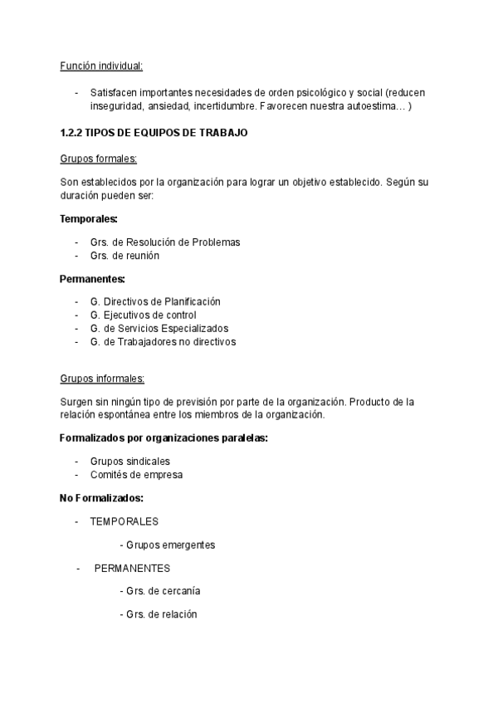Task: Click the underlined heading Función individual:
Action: pyautogui.click(x=101, y=66)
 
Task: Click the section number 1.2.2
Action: pyautogui.click(x=71, y=133)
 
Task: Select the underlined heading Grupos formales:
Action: pyautogui.click(x=99, y=159)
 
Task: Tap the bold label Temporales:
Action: pyautogui.click(x=89, y=219)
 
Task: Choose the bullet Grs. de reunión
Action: pyautogui.click(x=124, y=256)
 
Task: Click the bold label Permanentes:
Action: pyautogui.click(x=92, y=279)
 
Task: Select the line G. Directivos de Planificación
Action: pyautogui.click(x=155, y=301)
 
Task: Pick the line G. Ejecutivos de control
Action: pyautogui.click(x=143, y=315)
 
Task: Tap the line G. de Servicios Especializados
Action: pyautogui.click(x=159, y=328)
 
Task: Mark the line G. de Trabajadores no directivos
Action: pyautogui.click(x=163, y=341)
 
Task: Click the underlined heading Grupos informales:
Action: pyautogui.click(x=102, y=379)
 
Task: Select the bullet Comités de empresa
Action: pyautogui.click(x=136, y=475)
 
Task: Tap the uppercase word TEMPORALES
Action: pyautogui.click(x=124, y=521)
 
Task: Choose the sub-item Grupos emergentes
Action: pyautogui.click(x=167, y=545)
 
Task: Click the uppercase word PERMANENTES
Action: pyautogui.click(x=132, y=569)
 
